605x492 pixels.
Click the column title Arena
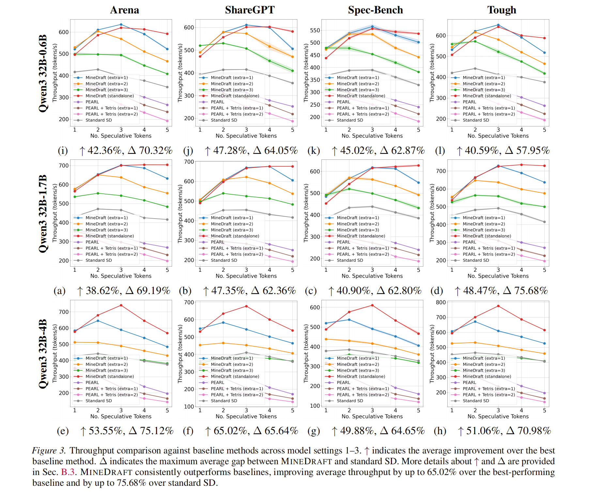124,10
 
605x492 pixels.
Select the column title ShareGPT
250,10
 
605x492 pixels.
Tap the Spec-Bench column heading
375,10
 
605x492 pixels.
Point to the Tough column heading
502,10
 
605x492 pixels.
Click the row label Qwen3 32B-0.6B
43,74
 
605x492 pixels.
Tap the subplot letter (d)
436,291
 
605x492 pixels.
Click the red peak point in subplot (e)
121,305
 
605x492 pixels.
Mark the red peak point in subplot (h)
498,306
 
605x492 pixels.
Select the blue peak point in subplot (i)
121,25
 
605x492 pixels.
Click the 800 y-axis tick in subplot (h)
441,303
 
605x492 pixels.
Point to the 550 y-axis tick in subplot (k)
315,30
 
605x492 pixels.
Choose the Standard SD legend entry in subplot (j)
224,120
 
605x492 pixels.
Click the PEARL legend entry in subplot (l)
469,102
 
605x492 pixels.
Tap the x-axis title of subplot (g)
372,417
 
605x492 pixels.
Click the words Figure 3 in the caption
49,451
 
